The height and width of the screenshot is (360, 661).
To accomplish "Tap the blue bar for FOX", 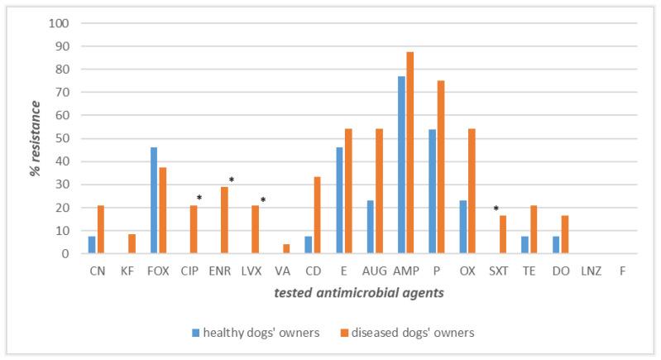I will tap(154, 201).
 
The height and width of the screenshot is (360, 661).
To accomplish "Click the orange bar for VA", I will tap(286, 249).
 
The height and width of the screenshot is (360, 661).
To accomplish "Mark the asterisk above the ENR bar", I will tap(232, 180).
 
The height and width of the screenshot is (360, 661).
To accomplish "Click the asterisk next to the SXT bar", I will tap(496, 209).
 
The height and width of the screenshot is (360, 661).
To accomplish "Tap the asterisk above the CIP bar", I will tap(199, 198).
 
